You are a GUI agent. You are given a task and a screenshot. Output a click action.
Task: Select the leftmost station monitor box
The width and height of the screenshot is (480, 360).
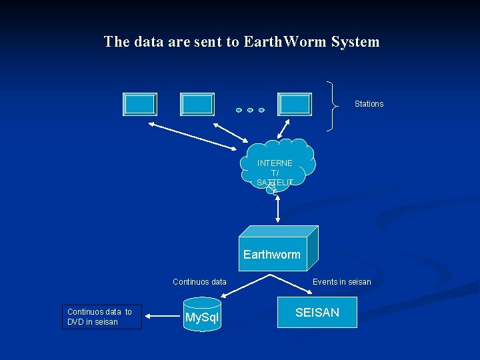point(140,105)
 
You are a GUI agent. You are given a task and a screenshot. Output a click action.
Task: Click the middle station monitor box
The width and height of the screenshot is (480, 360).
point(197,105)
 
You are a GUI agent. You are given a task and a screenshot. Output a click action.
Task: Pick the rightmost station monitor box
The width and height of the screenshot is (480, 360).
point(295,105)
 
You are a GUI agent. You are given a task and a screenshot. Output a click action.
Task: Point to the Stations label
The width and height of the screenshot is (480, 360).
point(369,104)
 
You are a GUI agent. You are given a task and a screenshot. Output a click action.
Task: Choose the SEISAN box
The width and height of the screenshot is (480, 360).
point(317,313)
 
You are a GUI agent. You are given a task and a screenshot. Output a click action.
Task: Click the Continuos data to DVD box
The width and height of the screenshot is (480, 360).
point(102,317)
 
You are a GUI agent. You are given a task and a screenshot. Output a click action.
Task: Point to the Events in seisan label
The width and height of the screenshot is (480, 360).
point(342,282)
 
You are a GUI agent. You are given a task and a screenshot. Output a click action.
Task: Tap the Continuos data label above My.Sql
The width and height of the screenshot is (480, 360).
point(199,282)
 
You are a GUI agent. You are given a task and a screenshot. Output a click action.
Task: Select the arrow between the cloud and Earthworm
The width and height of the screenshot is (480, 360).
point(277,208)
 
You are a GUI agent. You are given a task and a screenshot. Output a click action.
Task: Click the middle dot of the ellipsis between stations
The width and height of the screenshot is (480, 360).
point(250,110)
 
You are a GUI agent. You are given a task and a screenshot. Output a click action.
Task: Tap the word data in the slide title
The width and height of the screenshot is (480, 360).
point(153,42)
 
